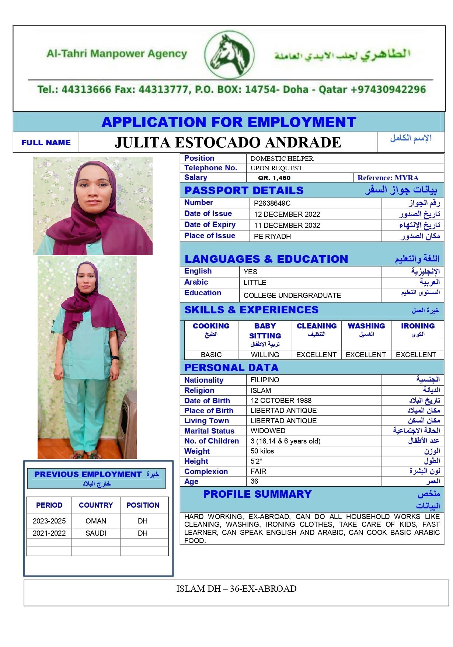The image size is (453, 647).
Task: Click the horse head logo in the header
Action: point(229,55)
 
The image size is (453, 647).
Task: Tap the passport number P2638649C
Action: point(272,203)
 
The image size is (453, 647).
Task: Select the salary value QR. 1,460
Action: point(274,178)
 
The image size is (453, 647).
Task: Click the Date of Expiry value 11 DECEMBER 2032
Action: point(287,225)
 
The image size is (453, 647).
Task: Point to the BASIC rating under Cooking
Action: point(211,355)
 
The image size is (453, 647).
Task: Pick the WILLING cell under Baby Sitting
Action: point(265,355)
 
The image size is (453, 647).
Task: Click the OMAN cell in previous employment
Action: point(96,521)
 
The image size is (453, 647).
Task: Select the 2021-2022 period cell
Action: point(49,533)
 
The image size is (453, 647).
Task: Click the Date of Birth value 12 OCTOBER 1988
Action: point(281,400)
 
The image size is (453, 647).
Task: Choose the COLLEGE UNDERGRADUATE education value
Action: point(292,295)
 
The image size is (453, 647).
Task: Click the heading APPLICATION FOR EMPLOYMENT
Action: point(229,122)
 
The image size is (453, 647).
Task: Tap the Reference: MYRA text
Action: point(388,178)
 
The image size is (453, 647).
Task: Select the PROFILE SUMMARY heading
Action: point(257,494)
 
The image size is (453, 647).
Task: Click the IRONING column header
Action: point(418,326)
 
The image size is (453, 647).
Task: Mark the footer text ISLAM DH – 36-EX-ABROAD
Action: point(236,589)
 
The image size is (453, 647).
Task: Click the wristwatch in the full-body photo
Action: point(115,358)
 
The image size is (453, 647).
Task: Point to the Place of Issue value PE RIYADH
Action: point(272,236)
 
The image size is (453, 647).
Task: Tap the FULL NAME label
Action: point(46,142)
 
